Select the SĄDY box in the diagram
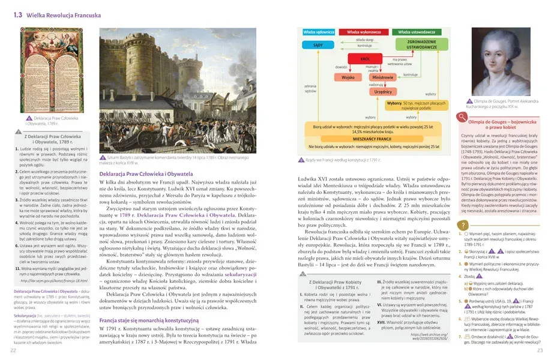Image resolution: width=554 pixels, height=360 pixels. click(319, 46)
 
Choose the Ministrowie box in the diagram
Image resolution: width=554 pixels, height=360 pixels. click(382, 78)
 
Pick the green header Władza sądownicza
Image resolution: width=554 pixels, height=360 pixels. click(319, 31)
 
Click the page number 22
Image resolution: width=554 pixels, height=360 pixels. click(13, 350)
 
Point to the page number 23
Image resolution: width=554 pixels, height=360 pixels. click(540, 350)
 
